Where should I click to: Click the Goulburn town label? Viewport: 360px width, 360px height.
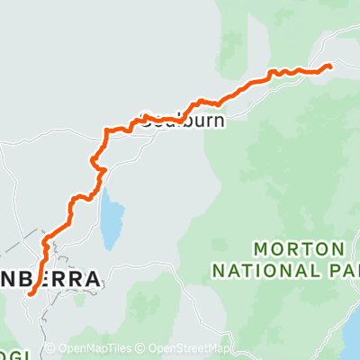click(x=181, y=119)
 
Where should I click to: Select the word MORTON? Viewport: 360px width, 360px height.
click(x=298, y=247)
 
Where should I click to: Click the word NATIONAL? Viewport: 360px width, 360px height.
click(x=284, y=269)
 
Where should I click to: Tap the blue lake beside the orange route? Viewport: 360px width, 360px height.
click(x=112, y=220)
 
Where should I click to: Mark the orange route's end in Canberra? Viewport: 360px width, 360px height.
click(x=30, y=292)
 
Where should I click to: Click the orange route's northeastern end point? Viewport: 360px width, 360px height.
click(x=329, y=66)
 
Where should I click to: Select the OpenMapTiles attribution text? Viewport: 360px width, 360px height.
click(x=91, y=349)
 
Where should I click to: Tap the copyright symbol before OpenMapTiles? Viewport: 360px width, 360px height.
click(x=51, y=349)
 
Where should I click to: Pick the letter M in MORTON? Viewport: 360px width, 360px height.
click(x=262, y=247)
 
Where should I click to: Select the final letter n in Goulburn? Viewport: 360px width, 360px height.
click(x=217, y=119)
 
